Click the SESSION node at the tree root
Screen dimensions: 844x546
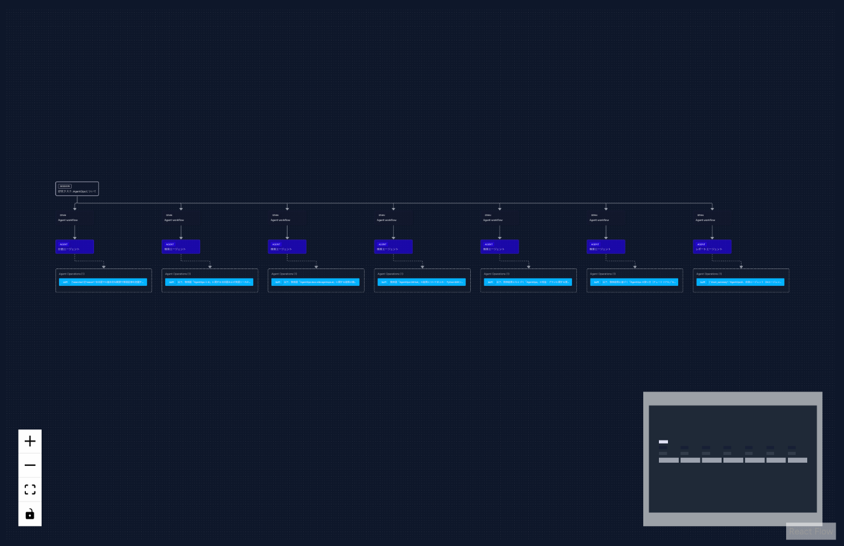pyautogui.click(x=77, y=189)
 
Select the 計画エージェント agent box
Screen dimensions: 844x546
pyautogui.click(x=75, y=247)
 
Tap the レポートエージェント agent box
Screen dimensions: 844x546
pyautogui.click(x=712, y=247)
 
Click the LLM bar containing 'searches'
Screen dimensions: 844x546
pyautogui.click(x=103, y=282)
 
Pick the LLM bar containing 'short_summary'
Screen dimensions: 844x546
pyautogui.click(x=740, y=282)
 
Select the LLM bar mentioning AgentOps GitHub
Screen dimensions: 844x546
pyautogui.click(x=421, y=282)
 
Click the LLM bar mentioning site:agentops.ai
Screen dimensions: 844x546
pyautogui.click(x=315, y=282)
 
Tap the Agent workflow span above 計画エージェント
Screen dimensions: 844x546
pyautogui.click(x=68, y=218)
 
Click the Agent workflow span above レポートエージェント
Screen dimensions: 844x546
pyautogui.click(x=705, y=218)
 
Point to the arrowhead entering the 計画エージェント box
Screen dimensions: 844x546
pyautogui.click(x=75, y=238)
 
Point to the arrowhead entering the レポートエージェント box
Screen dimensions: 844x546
pyautogui.click(x=712, y=238)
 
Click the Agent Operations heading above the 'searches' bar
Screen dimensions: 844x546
pyautogui.click(x=72, y=274)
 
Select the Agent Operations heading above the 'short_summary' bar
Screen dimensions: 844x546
pyautogui.click(x=709, y=274)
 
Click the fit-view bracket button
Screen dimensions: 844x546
pyautogui.click(x=30, y=489)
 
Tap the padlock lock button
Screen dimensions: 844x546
pyautogui.click(x=30, y=513)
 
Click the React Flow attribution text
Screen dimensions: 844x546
pyautogui.click(x=811, y=532)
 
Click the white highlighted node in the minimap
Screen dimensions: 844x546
pyautogui.click(x=663, y=442)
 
